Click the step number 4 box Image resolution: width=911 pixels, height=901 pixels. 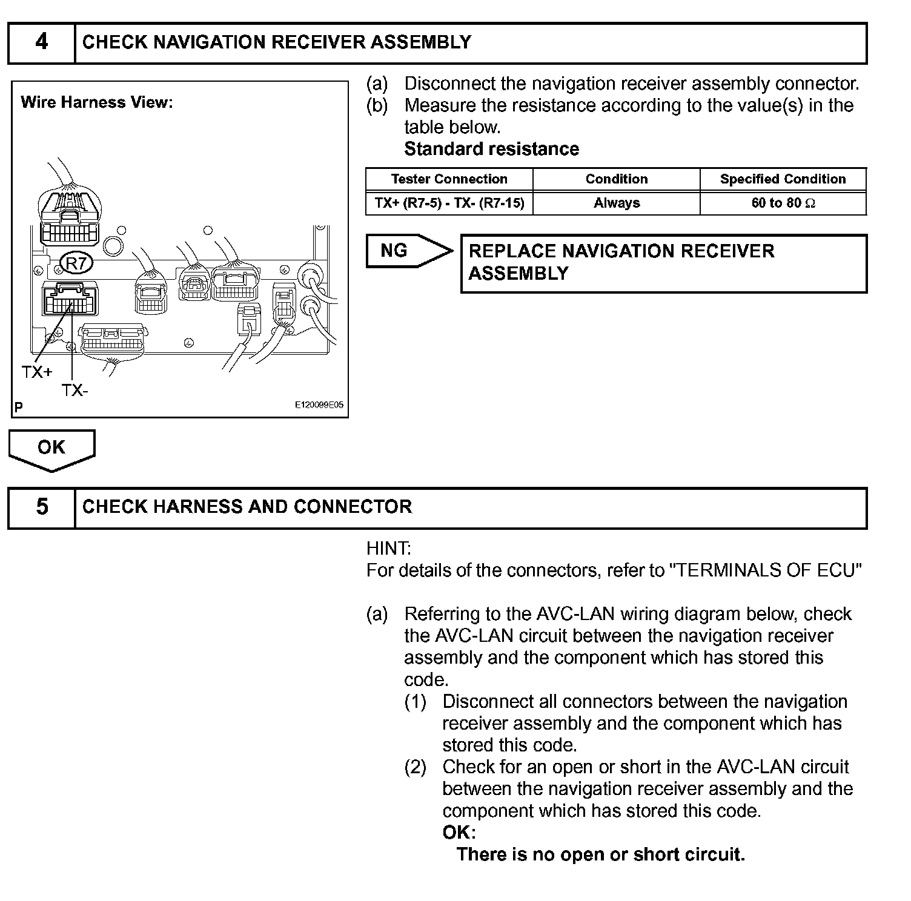[41, 42]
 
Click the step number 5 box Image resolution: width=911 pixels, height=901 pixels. [41, 507]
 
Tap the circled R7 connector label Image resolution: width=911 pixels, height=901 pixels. [76, 264]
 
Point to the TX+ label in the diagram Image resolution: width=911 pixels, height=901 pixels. [36, 372]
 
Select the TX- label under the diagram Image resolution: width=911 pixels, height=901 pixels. [75, 391]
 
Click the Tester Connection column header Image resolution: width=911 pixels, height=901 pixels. [449, 179]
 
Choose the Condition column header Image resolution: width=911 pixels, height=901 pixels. [616, 179]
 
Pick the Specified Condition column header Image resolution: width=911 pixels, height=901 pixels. [783, 179]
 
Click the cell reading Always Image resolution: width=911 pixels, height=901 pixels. [616, 203]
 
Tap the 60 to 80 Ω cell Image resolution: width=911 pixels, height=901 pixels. [783, 203]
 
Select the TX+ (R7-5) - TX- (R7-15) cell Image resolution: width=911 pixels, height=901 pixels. [449, 203]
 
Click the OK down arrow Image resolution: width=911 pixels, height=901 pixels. [51, 449]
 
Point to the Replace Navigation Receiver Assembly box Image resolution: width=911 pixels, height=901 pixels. [663, 263]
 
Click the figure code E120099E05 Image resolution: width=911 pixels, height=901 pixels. [319, 405]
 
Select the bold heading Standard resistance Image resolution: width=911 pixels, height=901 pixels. [491, 149]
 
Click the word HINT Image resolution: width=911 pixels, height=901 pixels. [388, 549]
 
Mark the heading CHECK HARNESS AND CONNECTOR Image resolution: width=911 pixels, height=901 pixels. [247, 507]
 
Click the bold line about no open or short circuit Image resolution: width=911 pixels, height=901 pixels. [600, 854]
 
